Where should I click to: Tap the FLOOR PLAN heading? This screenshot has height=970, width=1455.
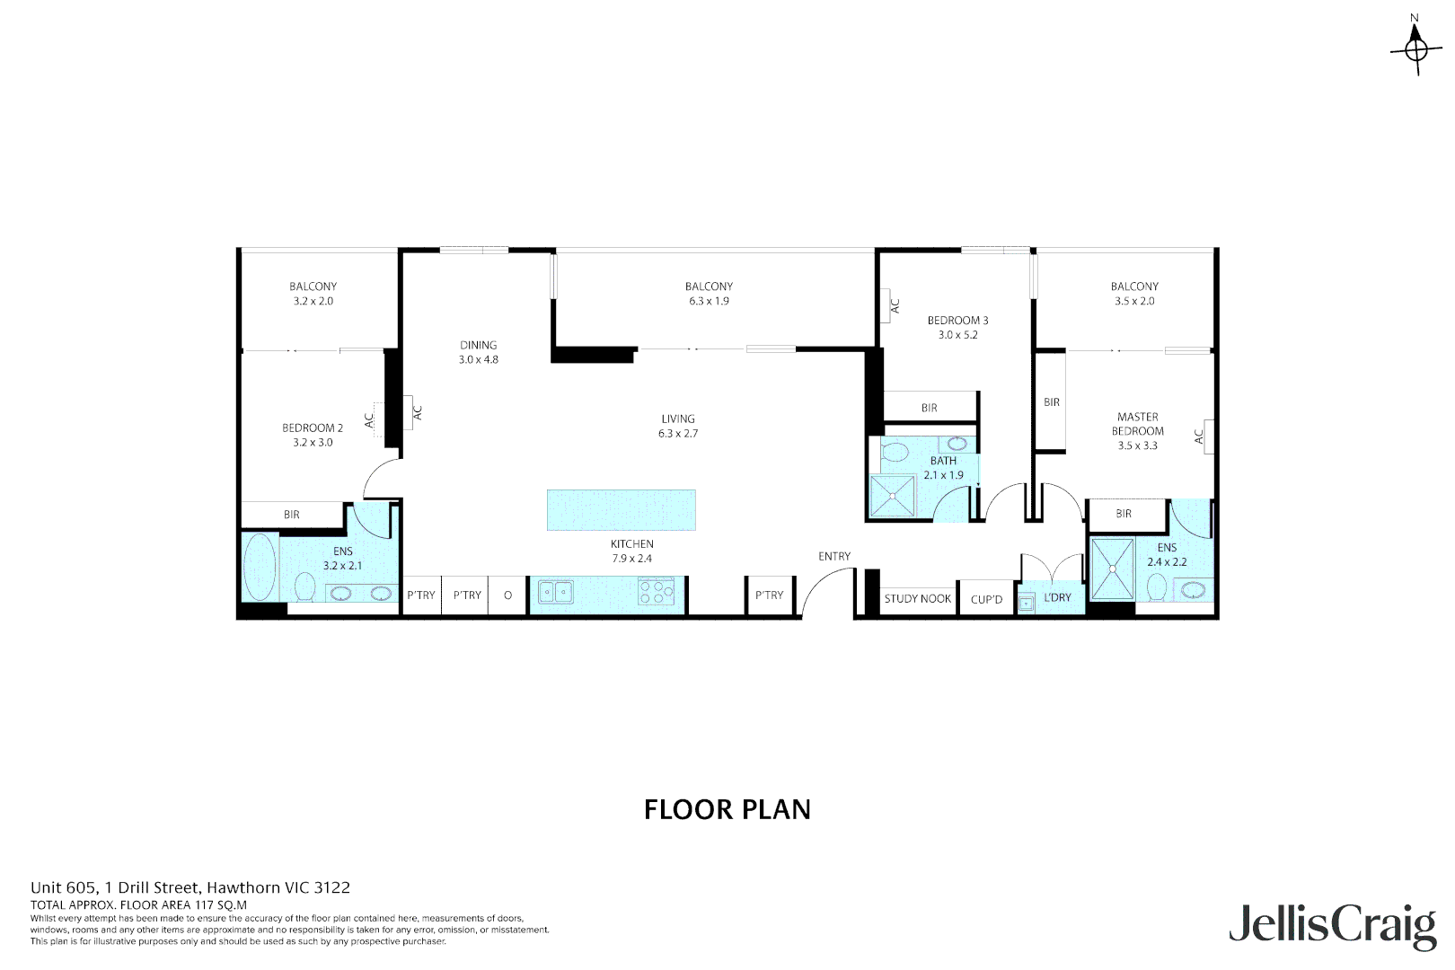pyautogui.click(x=727, y=809)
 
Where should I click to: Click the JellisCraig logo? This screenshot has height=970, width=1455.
pyautogui.click(x=1332, y=925)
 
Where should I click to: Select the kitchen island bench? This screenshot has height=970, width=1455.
pyautogui.click(x=622, y=510)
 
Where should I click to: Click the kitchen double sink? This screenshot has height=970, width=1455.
pyautogui.click(x=556, y=592)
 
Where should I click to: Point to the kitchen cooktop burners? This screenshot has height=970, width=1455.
pyautogui.click(x=657, y=591)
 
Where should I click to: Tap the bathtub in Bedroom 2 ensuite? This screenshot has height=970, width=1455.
pyautogui.click(x=260, y=567)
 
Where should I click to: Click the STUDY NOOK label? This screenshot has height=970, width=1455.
pyautogui.click(x=917, y=599)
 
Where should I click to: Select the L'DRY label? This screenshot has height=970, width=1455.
pyautogui.click(x=1057, y=597)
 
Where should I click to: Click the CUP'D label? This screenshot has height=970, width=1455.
pyautogui.click(x=986, y=600)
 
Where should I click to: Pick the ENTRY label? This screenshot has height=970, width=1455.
pyautogui.click(x=833, y=557)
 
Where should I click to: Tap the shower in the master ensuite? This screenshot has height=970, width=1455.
pyautogui.click(x=1112, y=569)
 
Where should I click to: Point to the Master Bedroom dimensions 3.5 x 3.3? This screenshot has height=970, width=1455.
pyautogui.click(x=1137, y=445)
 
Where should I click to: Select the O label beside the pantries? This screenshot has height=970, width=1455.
pyautogui.click(x=507, y=595)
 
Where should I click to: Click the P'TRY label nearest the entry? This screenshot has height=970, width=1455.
pyautogui.click(x=769, y=595)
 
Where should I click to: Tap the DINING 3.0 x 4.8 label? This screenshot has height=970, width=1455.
pyautogui.click(x=478, y=352)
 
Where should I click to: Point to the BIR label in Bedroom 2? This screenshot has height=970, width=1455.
pyautogui.click(x=292, y=515)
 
